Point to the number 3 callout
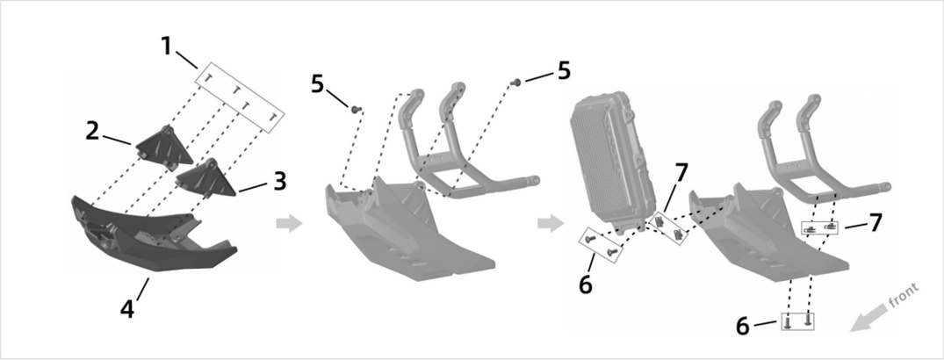coord(278,181)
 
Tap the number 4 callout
coord(128,309)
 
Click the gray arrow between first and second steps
coord(289,224)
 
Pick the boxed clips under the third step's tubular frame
coord(822,227)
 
